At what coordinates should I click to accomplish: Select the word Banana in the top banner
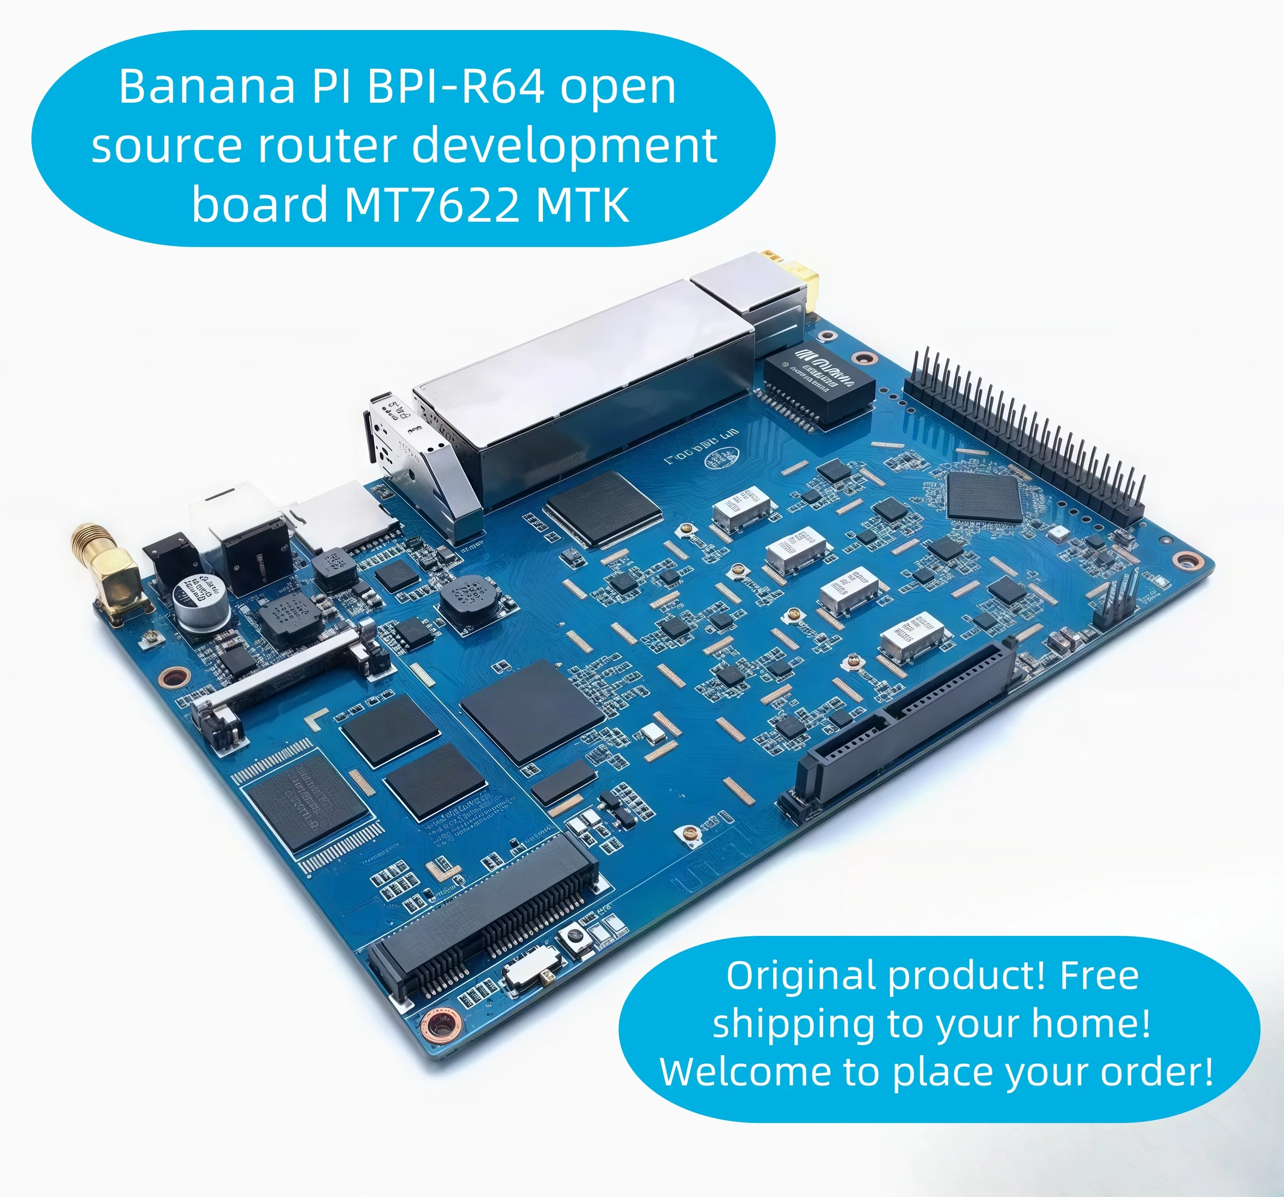(207, 87)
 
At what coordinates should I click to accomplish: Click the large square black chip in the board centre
(533, 711)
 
